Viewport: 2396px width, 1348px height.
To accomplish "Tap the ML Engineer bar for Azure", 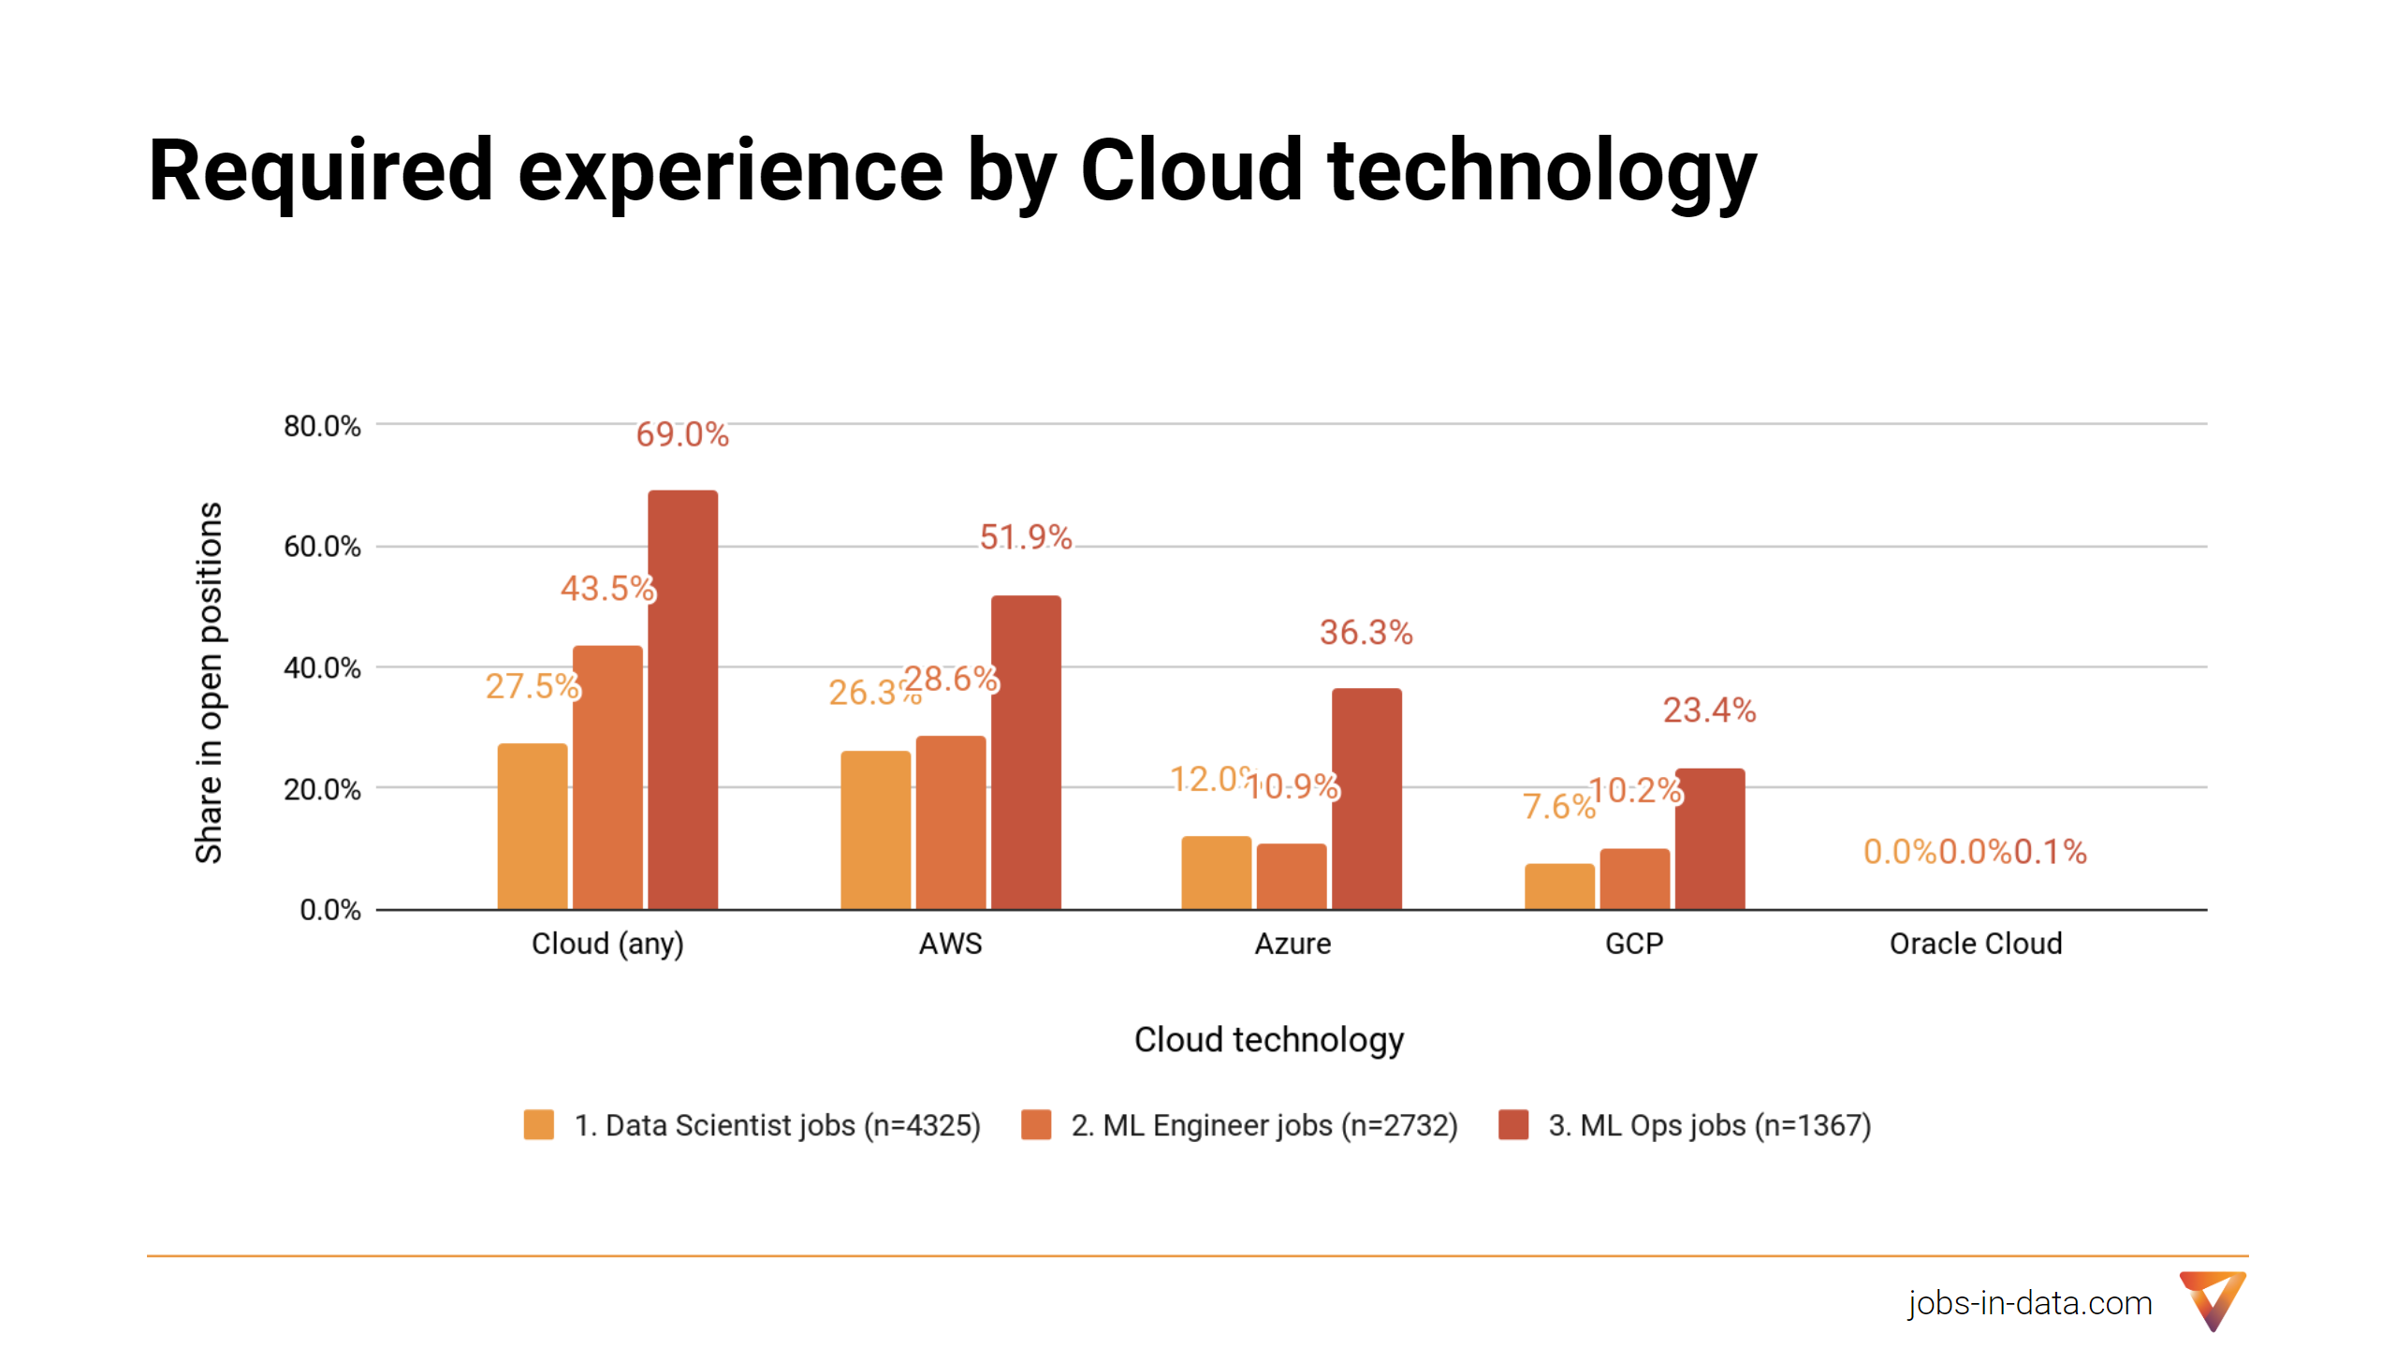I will (x=1292, y=876).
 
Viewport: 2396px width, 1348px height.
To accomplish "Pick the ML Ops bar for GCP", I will (x=1709, y=839).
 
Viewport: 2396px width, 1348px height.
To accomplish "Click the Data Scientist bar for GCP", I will (x=1559, y=886).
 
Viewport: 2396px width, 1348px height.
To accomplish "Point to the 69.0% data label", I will (x=682, y=434).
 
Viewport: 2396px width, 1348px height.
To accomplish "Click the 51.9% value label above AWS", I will (x=1026, y=537).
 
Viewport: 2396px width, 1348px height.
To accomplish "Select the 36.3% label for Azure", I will (x=1366, y=633).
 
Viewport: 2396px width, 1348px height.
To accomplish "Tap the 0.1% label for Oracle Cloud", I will (x=2050, y=852).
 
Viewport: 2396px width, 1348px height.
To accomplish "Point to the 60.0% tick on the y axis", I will (x=322, y=547).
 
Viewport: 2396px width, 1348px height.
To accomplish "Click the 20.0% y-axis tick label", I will (x=322, y=789).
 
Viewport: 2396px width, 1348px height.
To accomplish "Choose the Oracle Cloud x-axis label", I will (x=1975, y=944).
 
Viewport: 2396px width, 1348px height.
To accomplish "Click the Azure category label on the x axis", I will (x=1292, y=944).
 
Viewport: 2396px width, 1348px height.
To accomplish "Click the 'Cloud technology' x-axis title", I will (x=1268, y=1040).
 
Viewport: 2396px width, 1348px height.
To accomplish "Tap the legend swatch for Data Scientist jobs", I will (x=539, y=1124).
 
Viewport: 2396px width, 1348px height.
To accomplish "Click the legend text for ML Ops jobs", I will (x=1709, y=1125).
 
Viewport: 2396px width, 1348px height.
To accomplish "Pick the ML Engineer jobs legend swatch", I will (x=1036, y=1124).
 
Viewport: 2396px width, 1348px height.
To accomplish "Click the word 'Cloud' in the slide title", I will (x=1191, y=170).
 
